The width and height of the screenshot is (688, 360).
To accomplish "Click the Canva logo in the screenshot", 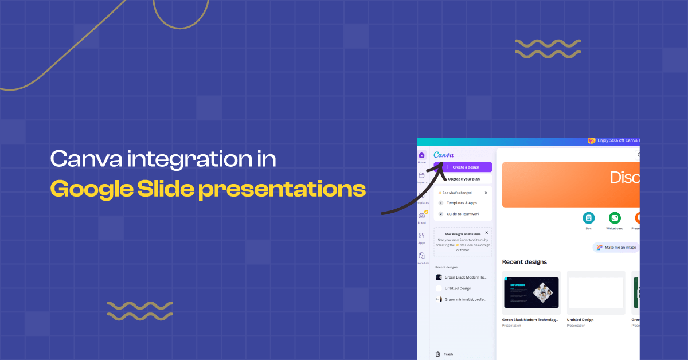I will pos(444,155).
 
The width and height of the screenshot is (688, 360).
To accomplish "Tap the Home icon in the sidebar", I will pos(421,155).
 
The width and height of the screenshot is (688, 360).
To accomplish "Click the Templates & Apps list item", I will pos(462,203).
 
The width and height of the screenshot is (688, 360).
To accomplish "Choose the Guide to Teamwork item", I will pos(463,214).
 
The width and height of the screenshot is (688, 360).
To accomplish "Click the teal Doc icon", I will pos(588,218).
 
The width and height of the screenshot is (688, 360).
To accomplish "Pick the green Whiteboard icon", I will pos(615,218).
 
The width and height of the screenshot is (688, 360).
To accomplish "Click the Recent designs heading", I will pos(524,262).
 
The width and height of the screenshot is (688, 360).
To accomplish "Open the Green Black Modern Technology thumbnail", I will pos(531,292).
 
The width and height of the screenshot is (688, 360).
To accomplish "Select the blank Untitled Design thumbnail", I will pos(596,292).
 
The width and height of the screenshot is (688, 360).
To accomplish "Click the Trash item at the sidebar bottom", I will pos(448,354).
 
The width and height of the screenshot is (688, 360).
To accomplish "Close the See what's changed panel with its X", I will pos(486,193).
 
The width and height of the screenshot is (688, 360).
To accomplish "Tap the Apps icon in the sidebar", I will pos(421,236).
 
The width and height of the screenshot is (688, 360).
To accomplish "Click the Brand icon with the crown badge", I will pos(421,216).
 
